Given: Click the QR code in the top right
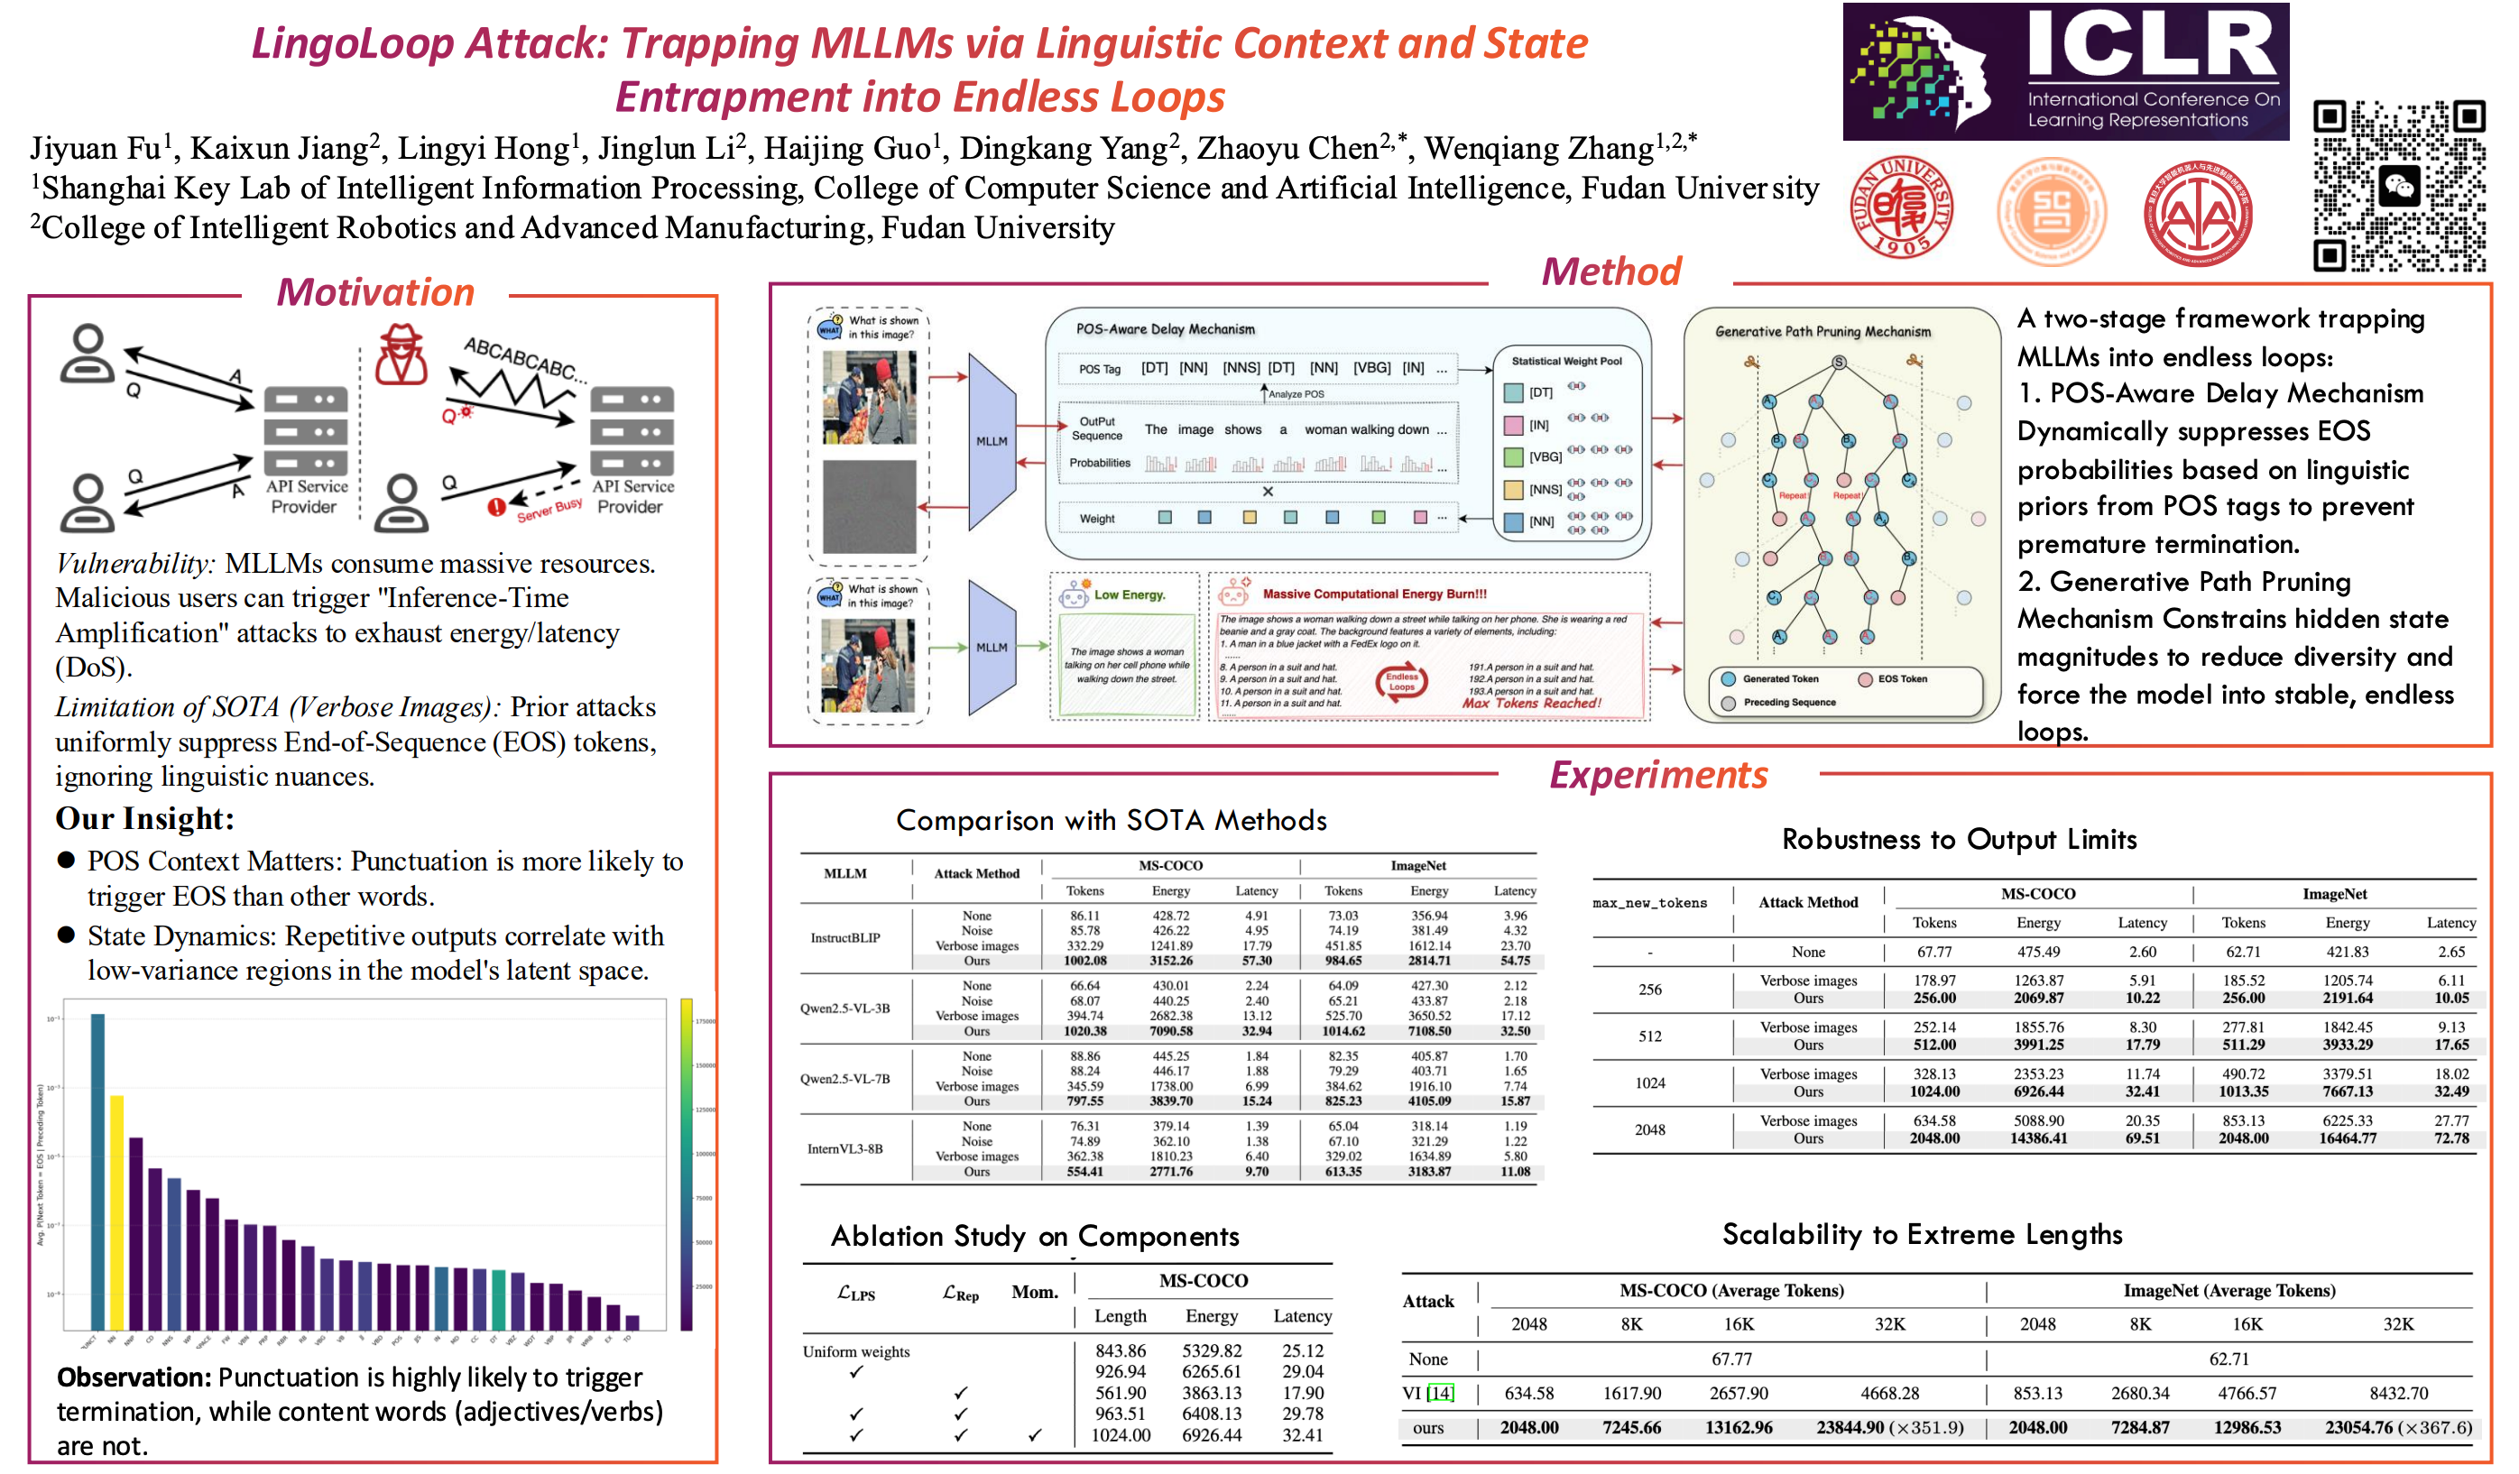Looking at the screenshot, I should pos(2398,186).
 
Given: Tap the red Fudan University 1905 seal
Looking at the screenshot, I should pos(1901,207).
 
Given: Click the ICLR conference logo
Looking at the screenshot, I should pos(2065,72).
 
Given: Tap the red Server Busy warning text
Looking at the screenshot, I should pos(549,510).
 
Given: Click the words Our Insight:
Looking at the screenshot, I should pos(145,818).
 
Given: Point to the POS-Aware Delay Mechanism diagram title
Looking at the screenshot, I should pos(1165,328).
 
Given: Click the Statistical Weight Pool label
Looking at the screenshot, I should pos(1566,361).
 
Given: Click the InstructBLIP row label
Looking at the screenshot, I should pos(844,937).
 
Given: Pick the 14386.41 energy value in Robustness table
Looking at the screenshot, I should pos(2038,1138).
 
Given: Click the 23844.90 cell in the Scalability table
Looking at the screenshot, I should pos(1850,1428).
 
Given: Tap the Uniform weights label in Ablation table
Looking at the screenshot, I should pos(855,1351).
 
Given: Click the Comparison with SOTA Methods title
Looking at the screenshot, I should pos(1111,821).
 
